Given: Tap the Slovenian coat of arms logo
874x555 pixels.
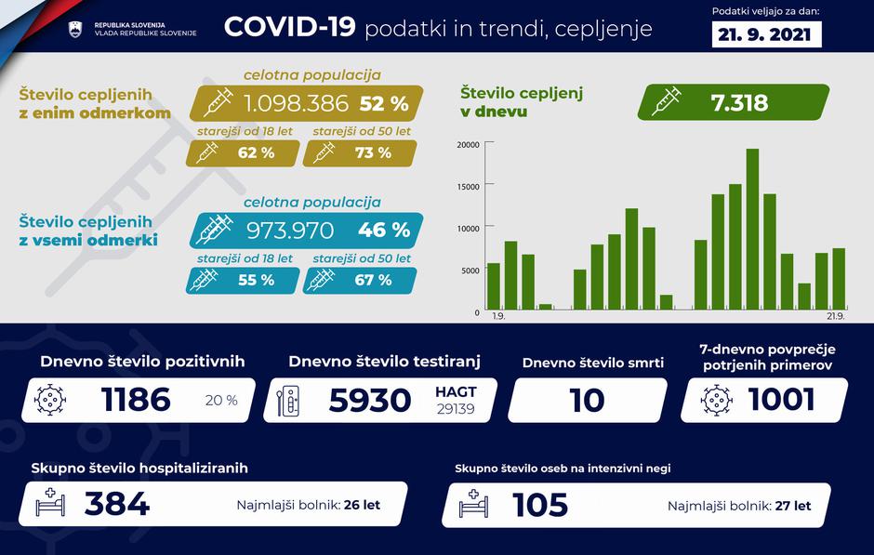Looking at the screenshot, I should point(77,29).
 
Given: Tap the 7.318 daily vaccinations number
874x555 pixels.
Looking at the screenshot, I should point(741,102).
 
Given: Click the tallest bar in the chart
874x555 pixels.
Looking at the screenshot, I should point(752,229).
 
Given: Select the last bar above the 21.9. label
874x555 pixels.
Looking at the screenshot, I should point(839,277).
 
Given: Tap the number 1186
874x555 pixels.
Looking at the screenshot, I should point(136,400).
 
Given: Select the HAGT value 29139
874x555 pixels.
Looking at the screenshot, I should point(456,409).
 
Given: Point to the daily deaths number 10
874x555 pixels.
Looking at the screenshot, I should point(586,401).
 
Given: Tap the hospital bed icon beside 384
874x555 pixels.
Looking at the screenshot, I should point(50,505).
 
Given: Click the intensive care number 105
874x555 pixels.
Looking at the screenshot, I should point(540,505).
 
